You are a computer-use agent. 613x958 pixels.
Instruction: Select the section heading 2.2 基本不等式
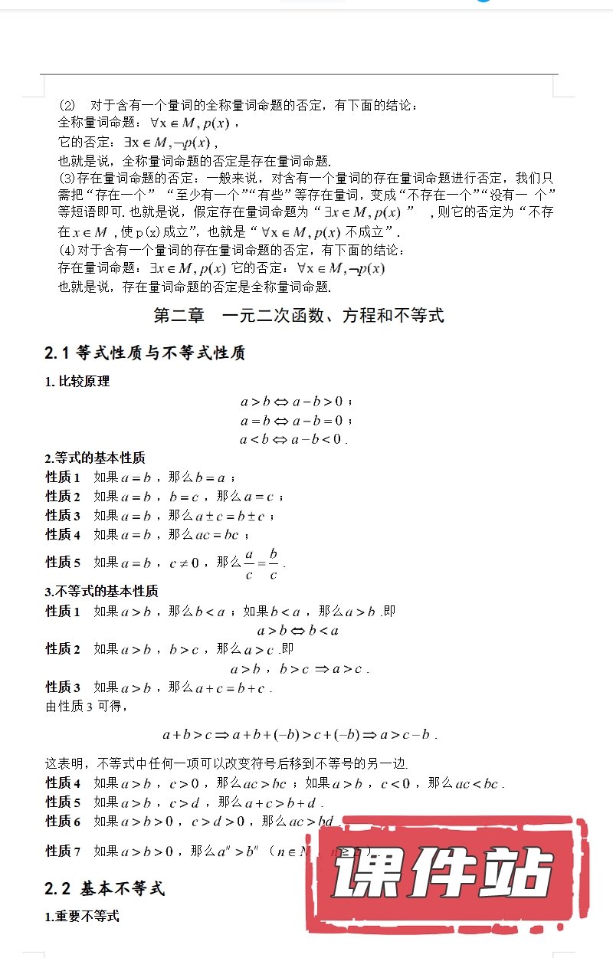pyautogui.click(x=104, y=889)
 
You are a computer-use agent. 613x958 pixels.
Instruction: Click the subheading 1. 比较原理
pyautogui.click(x=77, y=382)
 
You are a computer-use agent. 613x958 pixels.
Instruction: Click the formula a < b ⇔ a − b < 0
pyautogui.click(x=293, y=439)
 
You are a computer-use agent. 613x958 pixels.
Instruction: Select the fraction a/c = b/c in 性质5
pyautogui.click(x=261, y=563)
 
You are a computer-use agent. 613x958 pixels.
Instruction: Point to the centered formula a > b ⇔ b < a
pyautogui.click(x=298, y=631)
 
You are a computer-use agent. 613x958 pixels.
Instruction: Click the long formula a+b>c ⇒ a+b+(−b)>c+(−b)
pyautogui.click(x=299, y=735)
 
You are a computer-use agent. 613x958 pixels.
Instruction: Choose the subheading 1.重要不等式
pyautogui.click(x=82, y=917)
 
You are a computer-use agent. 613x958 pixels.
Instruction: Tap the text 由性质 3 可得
pyautogui.click(x=85, y=707)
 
